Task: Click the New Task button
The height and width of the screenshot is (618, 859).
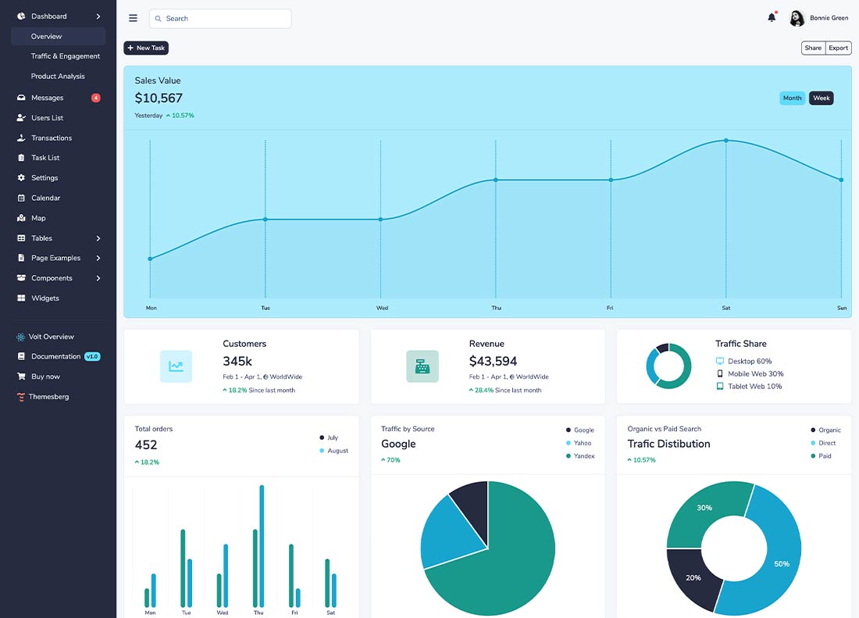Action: point(146,48)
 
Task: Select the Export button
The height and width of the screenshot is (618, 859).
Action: point(838,48)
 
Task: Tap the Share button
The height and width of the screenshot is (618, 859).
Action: point(813,48)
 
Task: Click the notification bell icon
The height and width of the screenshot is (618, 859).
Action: point(772,17)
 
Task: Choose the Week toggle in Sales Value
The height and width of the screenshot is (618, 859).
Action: point(822,98)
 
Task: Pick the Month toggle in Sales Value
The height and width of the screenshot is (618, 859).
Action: point(792,98)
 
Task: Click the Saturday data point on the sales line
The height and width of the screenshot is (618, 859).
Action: point(726,141)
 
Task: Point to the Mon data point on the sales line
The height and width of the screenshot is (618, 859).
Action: point(150,259)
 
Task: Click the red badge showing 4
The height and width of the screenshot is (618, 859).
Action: point(96,98)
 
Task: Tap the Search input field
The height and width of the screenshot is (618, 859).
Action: point(220,19)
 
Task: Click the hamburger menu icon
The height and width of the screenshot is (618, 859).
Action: point(133,18)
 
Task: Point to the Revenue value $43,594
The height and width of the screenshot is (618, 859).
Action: point(493,361)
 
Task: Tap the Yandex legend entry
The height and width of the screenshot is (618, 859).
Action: point(580,455)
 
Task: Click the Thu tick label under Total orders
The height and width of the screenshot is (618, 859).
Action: point(258,613)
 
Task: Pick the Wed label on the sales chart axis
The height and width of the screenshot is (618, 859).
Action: point(383,308)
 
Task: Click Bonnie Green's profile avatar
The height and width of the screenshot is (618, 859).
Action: point(797,18)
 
